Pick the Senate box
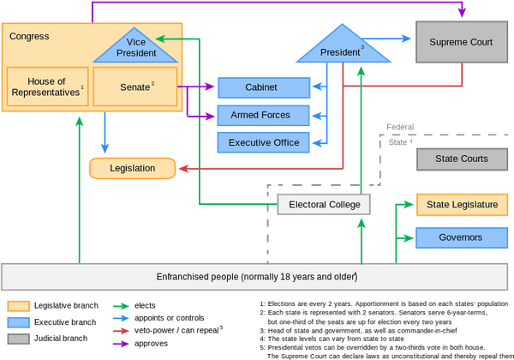[x=134, y=87]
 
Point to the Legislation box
[x=132, y=168]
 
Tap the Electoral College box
[x=324, y=205]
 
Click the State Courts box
[x=462, y=159]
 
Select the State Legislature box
[x=462, y=205]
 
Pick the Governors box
[x=462, y=237]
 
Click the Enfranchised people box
[x=256, y=278]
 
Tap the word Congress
[x=29, y=37]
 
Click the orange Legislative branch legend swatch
[x=18, y=306]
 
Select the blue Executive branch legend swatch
[x=18, y=322]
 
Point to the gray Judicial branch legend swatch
[x=18, y=339]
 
